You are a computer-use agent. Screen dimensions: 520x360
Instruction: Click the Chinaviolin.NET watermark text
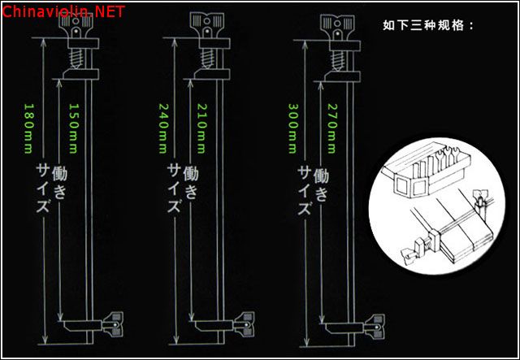coord(63,11)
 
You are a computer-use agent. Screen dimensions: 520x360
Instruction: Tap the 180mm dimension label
coord(29,128)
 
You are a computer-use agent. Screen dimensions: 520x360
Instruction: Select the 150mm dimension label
coord(73,128)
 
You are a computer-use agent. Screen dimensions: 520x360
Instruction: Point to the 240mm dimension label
coord(162,128)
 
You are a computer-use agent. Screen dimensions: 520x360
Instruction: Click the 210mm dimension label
coord(202,128)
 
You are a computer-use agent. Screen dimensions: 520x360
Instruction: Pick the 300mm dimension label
coord(293,128)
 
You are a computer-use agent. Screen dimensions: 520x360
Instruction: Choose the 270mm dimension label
coord(332,128)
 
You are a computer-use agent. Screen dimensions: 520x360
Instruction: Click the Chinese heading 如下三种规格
coord(428,25)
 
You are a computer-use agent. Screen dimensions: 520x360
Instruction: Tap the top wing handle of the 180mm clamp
coord(76,25)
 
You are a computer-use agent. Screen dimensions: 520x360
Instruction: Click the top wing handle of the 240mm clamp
coord(207,25)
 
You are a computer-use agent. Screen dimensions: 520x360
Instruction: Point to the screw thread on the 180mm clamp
coord(76,59)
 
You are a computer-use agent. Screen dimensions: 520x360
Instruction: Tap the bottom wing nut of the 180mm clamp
coord(113,324)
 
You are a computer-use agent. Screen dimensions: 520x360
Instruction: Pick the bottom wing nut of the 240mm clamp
coord(245,324)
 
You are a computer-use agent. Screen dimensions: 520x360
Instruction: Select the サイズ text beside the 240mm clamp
coord(174,189)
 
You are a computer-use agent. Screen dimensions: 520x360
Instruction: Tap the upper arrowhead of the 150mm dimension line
coord(59,83)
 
